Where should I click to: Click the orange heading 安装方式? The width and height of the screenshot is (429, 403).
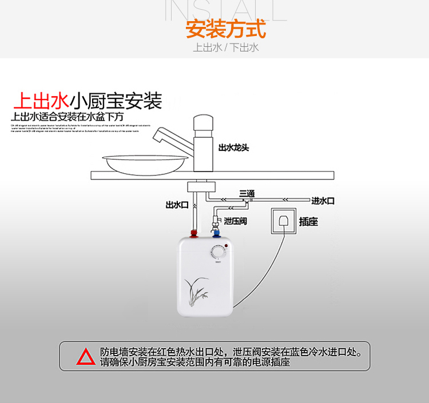pos(225,29)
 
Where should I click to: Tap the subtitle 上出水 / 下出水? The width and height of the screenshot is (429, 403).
pos(225,47)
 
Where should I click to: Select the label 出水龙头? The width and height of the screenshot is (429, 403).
pos(233,147)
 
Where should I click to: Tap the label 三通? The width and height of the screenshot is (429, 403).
pos(247,192)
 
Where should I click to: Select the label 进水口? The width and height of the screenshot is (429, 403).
pos(323,201)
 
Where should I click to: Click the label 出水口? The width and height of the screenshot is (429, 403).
pos(177,205)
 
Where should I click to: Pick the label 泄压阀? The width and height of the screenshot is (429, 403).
pos(236,221)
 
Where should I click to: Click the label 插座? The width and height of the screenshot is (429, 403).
pos(308,221)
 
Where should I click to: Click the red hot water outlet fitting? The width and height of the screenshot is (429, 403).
pos(194,233)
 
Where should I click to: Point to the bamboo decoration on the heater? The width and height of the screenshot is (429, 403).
pos(196,292)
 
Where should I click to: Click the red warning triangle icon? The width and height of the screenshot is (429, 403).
pos(86,357)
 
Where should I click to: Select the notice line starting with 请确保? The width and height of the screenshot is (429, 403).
pos(195,362)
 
